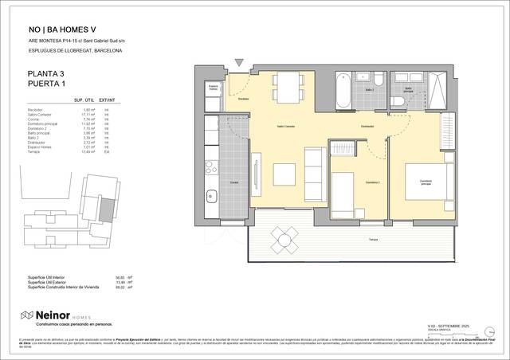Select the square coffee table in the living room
coord(284,173)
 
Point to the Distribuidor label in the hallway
coord(367,127)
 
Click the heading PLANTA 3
coord(46,74)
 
